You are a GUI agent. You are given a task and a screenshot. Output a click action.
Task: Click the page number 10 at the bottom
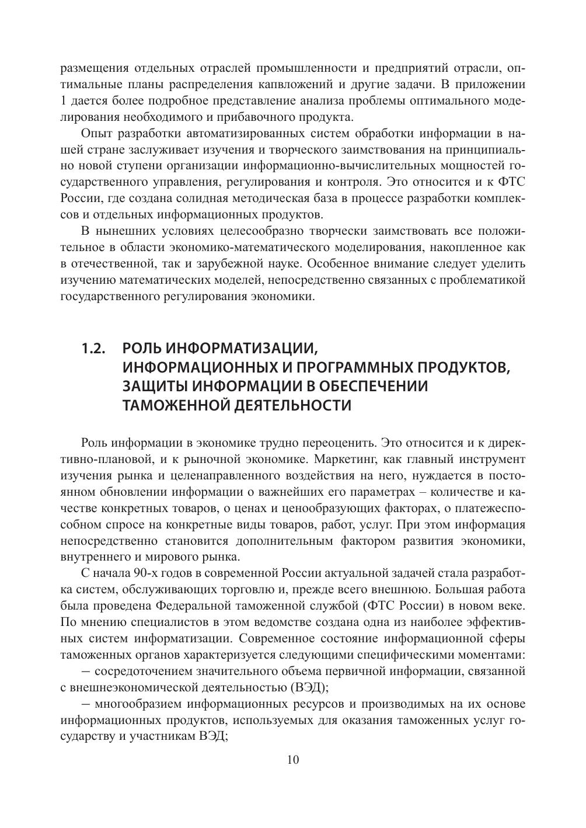[x=293, y=760]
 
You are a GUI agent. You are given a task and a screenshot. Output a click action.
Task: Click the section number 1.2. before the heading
[x=93, y=349]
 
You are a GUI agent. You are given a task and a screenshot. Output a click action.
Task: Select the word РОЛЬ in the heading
[x=142, y=349]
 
